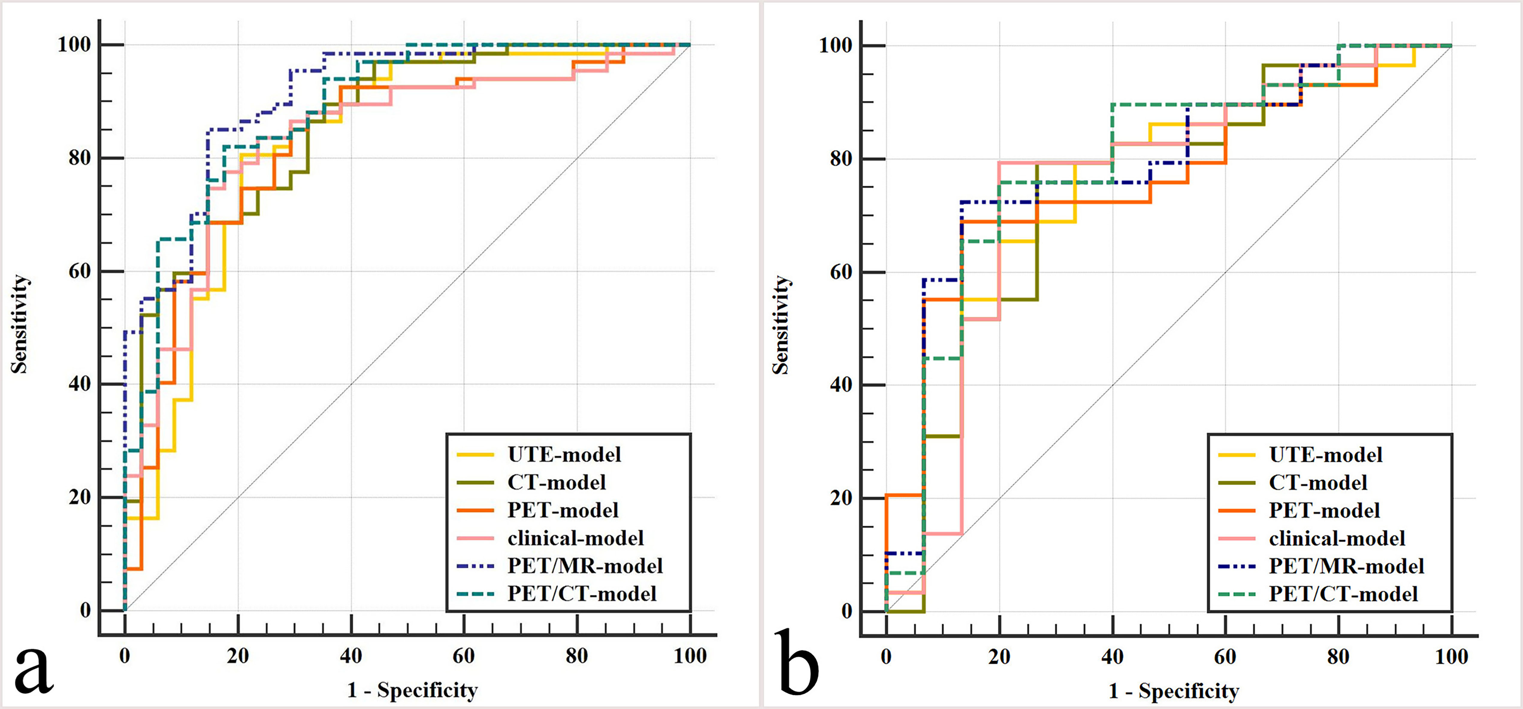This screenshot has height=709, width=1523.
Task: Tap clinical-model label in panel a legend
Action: click(x=575, y=538)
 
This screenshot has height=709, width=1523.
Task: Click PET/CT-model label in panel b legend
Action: click(x=1343, y=594)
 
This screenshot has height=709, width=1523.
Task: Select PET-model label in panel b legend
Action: click(x=1324, y=510)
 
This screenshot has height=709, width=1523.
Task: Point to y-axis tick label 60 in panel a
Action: click(x=80, y=271)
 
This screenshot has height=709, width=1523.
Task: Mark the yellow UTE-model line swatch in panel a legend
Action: click(x=475, y=455)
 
